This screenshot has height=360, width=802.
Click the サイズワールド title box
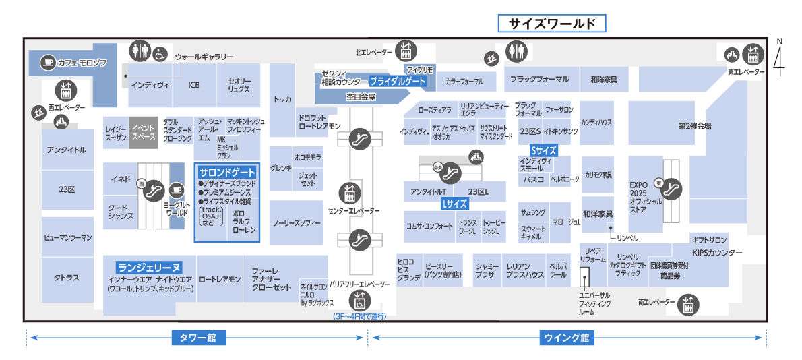[x=552, y=24]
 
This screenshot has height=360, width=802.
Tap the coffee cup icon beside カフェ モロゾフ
[x=47, y=62]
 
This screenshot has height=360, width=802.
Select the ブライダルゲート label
[x=398, y=80]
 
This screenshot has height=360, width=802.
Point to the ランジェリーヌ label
[x=149, y=266]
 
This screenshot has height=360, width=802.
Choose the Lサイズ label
[x=454, y=203]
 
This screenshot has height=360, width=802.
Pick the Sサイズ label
[x=543, y=150]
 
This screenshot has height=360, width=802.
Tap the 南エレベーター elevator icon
[x=688, y=303]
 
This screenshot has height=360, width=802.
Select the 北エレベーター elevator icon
[x=406, y=51]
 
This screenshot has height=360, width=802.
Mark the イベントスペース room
[x=144, y=132]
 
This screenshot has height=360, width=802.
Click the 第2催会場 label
[x=694, y=126]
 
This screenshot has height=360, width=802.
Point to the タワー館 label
[x=197, y=338]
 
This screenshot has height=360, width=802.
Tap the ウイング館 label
[x=566, y=338]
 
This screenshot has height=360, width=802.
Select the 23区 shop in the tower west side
[x=67, y=189]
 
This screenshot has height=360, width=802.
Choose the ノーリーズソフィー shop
[x=297, y=222]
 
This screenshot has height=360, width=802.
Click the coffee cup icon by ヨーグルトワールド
[x=177, y=189]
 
